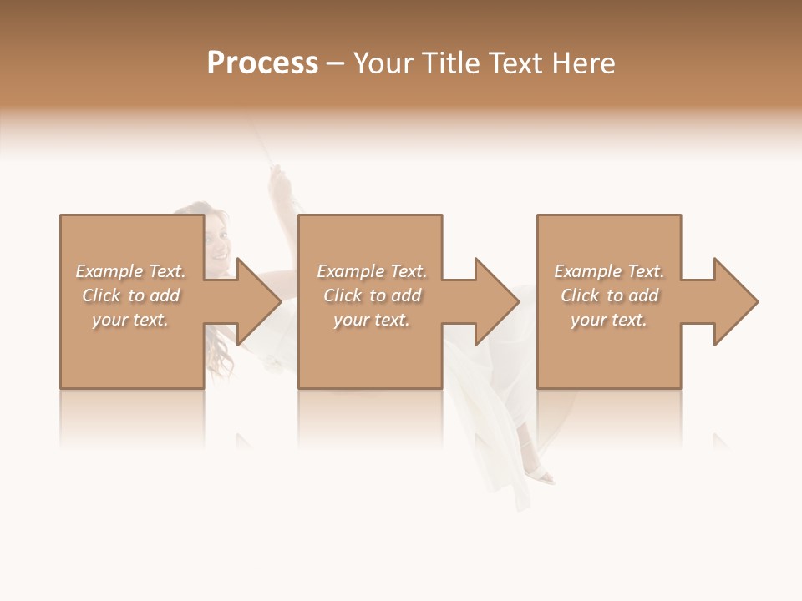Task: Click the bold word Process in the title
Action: click(262, 63)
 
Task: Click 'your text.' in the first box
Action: click(130, 320)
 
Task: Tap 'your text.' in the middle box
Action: click(372, 320)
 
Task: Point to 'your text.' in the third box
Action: click(609, 320)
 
